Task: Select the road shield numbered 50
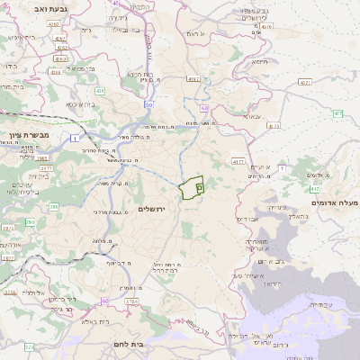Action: (x=148, y=104)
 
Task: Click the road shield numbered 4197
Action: (x=193, y=78)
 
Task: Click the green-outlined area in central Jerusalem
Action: (x=190, y=189)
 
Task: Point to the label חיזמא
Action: (x=260, y=61)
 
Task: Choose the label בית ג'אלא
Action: (x=94, y=320)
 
